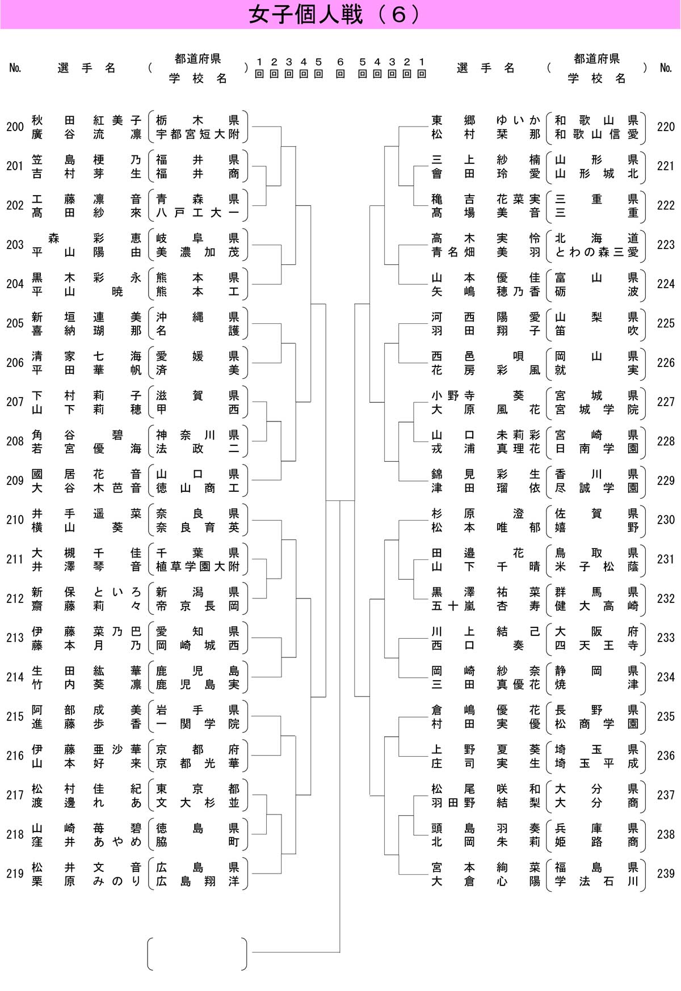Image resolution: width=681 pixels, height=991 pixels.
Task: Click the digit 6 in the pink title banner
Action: coord(399,15)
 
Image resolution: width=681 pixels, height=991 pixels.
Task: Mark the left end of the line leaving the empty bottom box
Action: coord(252,952)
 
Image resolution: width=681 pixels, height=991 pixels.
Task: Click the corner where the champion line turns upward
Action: coord(340,952)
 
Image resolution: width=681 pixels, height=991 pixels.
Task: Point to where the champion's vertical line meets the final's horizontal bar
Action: coord(340,500)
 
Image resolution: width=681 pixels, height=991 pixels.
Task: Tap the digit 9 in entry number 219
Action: coord(20,874)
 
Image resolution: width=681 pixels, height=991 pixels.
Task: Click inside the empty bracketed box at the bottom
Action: coord(197,954)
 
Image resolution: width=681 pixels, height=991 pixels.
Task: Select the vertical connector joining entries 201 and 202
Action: coord(267,186)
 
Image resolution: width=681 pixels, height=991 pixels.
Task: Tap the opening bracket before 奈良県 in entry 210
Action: coord(150,520)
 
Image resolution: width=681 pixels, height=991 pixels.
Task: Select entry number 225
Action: coord(666,323)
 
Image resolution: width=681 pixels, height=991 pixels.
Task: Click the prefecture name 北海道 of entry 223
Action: coord(596,238)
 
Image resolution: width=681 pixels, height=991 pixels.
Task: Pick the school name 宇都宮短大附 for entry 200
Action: coord(197,134)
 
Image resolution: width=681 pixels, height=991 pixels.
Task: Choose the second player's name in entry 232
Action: coord(486,606)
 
